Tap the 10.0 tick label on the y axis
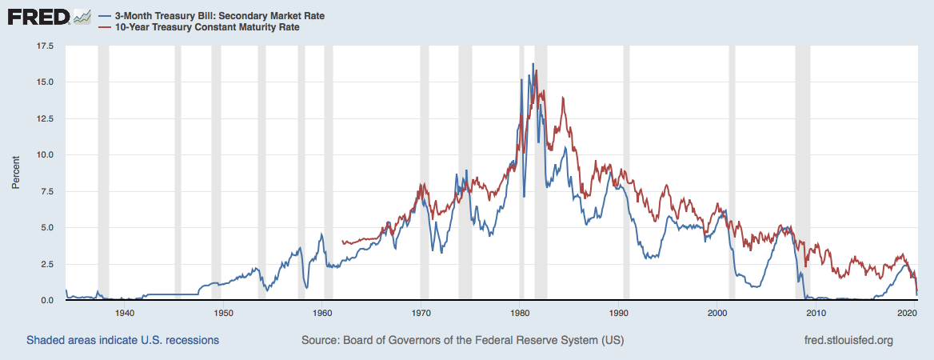click(45, 155)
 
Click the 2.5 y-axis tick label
click(47, 264)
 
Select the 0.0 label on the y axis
click(47, 301)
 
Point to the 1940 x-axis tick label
click(124, 313)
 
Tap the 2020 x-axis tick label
click(907, 313)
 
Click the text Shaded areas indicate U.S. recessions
click(122, 340)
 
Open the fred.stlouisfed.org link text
click(848, 340)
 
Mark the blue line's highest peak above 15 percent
click(533, 64)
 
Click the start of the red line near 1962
click(342, 241)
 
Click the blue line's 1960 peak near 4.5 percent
click(321, 234)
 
